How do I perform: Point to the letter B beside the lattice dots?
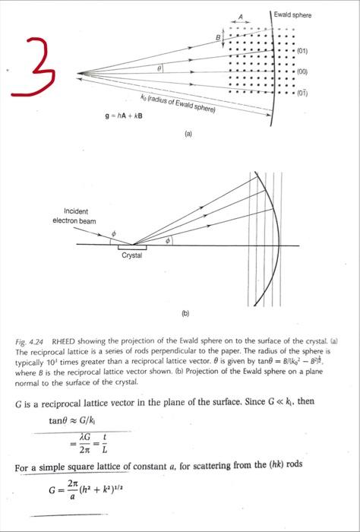216,37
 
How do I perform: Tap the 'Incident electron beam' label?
75,214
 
